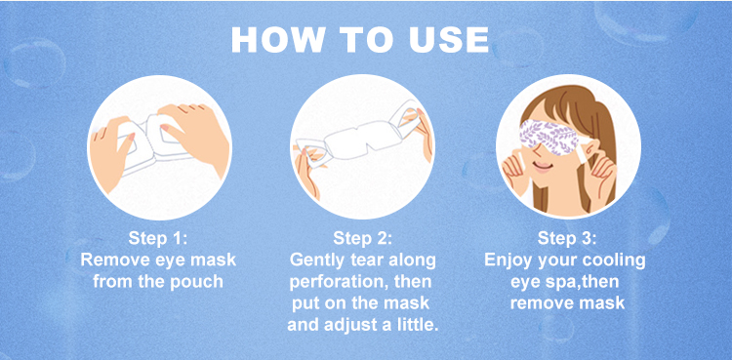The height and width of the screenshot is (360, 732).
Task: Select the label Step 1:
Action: pos(158,239)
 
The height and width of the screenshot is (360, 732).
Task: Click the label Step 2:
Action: pos(363,239)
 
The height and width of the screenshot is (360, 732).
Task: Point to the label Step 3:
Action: pos(567,239)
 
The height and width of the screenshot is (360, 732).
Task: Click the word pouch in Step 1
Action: pos(196,282)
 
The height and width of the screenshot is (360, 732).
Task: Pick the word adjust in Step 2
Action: pos(352,325)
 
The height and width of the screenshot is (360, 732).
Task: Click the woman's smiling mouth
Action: pos(541,167)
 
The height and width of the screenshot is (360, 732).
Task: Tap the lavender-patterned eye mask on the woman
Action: pos(549,138)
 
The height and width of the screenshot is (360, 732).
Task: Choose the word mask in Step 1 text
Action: pos(214,260)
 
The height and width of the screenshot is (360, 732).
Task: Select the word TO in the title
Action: pos(361,40)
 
